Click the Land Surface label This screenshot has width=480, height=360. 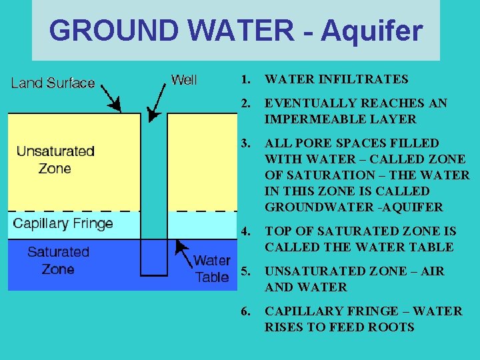click(53, 83)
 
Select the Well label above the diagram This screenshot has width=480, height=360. click(184, 80)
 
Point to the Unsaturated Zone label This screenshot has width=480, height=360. click(55, 160)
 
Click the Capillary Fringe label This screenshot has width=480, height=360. click(63, 223)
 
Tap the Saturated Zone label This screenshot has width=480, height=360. click(58, 260)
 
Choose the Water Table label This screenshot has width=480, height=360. click(212, 269)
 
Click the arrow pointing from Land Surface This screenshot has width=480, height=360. click(110, 99)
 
